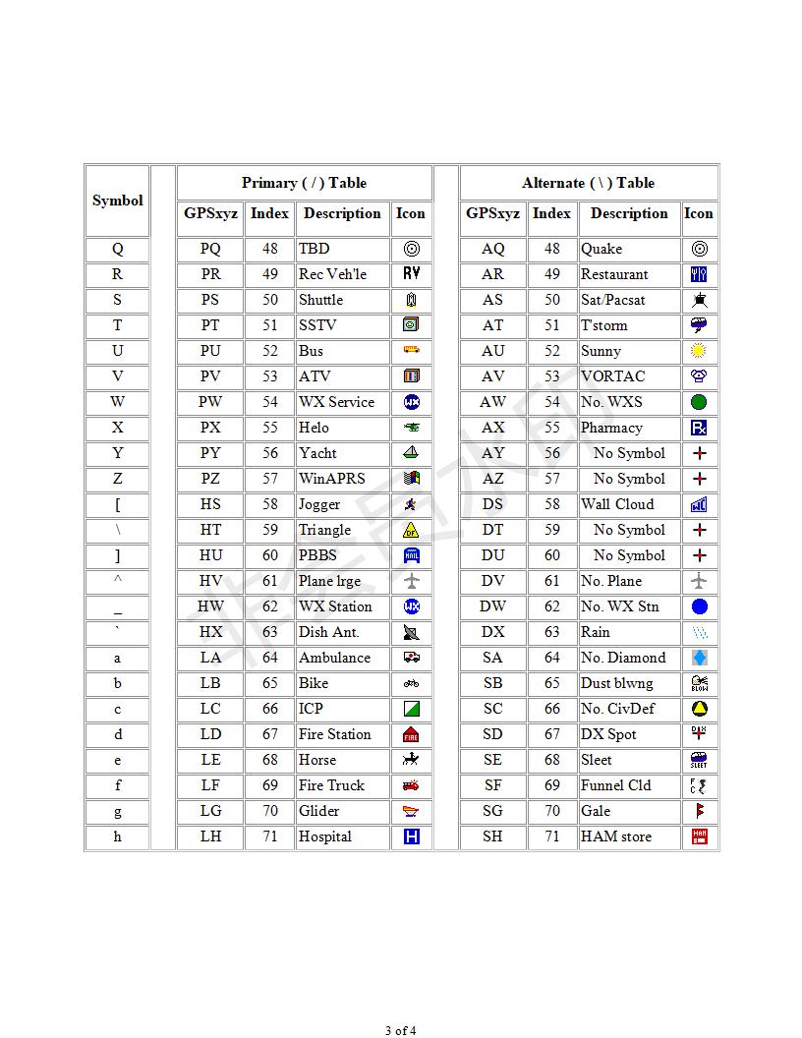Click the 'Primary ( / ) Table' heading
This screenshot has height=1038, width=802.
(304, 183)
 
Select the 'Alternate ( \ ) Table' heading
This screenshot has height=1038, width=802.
(588, 183)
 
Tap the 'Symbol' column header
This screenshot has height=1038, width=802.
(117, 201)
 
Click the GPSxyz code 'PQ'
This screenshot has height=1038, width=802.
(210, 249)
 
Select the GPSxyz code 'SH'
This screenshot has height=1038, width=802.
(492, 836)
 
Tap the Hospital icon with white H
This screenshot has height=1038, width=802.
(412, 836)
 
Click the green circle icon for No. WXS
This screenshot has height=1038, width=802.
(699, 402)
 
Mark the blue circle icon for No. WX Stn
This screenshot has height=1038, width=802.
(699, 606)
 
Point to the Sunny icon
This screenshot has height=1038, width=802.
(699, 351)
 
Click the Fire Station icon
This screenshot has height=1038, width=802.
(412, 734)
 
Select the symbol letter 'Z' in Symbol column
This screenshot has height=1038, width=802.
(117, 479)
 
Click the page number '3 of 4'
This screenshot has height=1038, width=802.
(400, 1030)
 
